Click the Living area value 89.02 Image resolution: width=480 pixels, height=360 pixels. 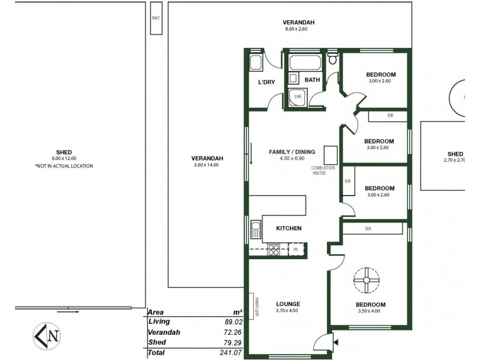[232, 322]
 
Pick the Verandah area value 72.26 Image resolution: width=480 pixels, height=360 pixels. [232, 332]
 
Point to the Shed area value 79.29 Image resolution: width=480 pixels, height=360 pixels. [232, 343]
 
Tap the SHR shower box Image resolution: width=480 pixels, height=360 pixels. [297, 97]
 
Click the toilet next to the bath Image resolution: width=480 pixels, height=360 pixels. [332, 61]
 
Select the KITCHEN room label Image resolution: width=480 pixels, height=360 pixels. [289, 229]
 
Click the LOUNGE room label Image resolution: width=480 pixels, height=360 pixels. [289, 304]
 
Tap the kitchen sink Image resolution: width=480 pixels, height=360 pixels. [256, 229]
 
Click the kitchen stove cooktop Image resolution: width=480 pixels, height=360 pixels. [274, 249]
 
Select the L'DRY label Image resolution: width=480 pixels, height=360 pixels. [266, 82]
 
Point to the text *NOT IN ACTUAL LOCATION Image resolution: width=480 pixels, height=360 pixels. [64, 166]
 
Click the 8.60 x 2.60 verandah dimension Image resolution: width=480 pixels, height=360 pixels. [299, 29]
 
